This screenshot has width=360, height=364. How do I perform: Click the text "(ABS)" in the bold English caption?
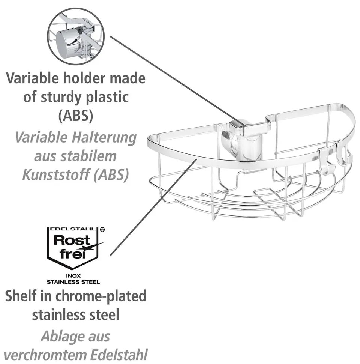pyautogui.click(x=75, y=116)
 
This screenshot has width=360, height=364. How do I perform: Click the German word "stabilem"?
pyautogui.click(x=93, y=156)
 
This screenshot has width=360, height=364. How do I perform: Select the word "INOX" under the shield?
pyautogui.click(x=73, y=275)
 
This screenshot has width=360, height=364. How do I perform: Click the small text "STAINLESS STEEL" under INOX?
pyautogui.click(x=73, y=281)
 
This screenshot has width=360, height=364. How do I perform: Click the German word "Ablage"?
pyautogui.click(x=60, y=336)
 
